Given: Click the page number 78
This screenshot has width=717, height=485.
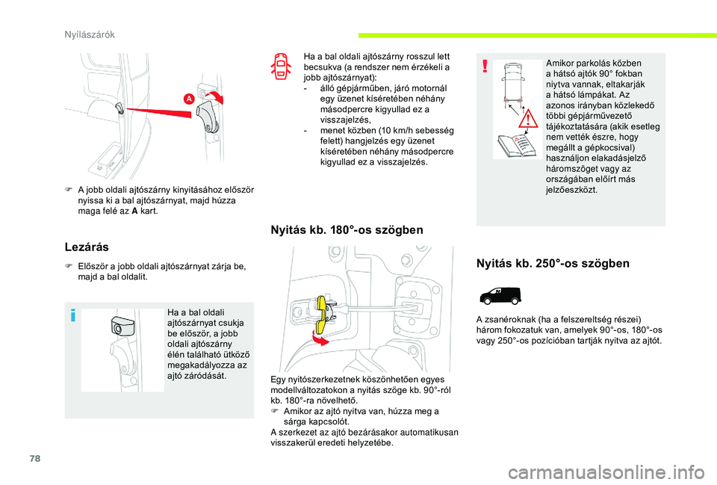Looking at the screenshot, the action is [x=35, y=458].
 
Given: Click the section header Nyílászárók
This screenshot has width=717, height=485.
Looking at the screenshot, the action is [x=90, y=35].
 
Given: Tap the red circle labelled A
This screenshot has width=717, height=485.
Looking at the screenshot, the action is [x=189, y=99].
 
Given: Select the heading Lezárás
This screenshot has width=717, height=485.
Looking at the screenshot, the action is [x=87, y=247].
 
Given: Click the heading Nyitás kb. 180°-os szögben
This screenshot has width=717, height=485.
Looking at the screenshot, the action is [x=347, y=229].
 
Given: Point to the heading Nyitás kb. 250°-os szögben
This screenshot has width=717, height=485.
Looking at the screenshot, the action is [x=553, y=264].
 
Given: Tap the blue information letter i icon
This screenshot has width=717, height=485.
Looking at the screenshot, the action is [x=72, y=315].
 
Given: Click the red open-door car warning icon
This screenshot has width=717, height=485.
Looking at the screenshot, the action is [x=281, y=67].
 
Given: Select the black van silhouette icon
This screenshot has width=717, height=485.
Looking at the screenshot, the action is [x=500, y=296].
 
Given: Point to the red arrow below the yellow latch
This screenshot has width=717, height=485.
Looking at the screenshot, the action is [x=320, y=339].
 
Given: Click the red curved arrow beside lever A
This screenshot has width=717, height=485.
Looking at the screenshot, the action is [x=215, y=96].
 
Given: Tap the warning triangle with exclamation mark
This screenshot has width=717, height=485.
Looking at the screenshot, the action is [x=528, y=118].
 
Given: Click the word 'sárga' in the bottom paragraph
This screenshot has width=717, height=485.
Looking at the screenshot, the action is [x=294, y=421].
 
